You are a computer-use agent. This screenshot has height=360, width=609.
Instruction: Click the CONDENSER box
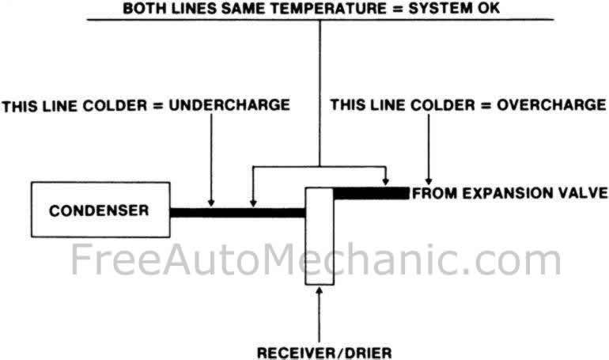[x=100, y=210]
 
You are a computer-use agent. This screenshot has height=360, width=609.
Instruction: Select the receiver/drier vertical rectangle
[x=320, y=236]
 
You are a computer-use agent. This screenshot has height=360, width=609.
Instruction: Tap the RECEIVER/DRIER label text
[x=324, y=353]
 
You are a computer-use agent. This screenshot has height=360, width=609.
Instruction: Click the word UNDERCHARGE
[x=229, y=105]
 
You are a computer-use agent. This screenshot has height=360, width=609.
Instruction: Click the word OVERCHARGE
[x=551, y=105]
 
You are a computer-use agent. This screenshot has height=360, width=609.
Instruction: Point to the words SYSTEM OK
[x=454, y=8]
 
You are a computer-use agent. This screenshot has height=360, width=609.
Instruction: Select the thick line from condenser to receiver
[x=238, y=213]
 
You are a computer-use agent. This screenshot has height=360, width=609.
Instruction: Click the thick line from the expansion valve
[x=371, y=193]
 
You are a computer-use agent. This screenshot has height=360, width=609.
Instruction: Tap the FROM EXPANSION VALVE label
[x=509, y=193]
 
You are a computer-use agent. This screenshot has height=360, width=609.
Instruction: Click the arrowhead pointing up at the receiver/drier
[x=320, y=291]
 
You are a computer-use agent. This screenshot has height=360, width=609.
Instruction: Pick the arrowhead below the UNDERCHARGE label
[x=211, y=203]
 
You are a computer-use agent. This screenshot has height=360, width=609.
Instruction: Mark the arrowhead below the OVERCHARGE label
[x=429, y=181]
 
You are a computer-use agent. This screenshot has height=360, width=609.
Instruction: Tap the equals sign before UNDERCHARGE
[x=158, y=106]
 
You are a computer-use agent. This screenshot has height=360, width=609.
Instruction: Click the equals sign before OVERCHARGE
[x=486, y=105]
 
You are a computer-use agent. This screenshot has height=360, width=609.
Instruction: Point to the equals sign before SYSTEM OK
[x=399, y=8]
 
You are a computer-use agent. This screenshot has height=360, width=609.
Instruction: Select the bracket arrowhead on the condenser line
[x=253, y=203]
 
